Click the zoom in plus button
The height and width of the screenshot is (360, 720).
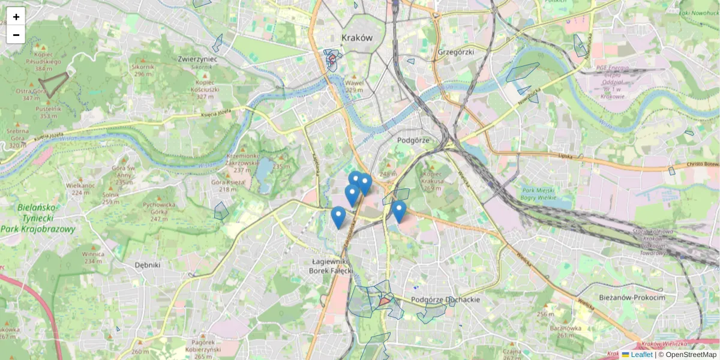point(16,17)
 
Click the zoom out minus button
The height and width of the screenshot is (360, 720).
point(16,35)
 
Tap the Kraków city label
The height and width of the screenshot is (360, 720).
point(357,37)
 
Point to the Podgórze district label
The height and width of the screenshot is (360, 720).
point(413,140)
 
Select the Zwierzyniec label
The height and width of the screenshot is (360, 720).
point(197,59)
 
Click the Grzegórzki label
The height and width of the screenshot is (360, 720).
point(456,52)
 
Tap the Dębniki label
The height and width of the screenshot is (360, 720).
point(148,265)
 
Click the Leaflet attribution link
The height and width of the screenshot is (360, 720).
point(641,355)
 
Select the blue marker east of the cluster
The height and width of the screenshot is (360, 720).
point(399,212)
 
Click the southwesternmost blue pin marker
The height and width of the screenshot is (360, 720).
point(338,218)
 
